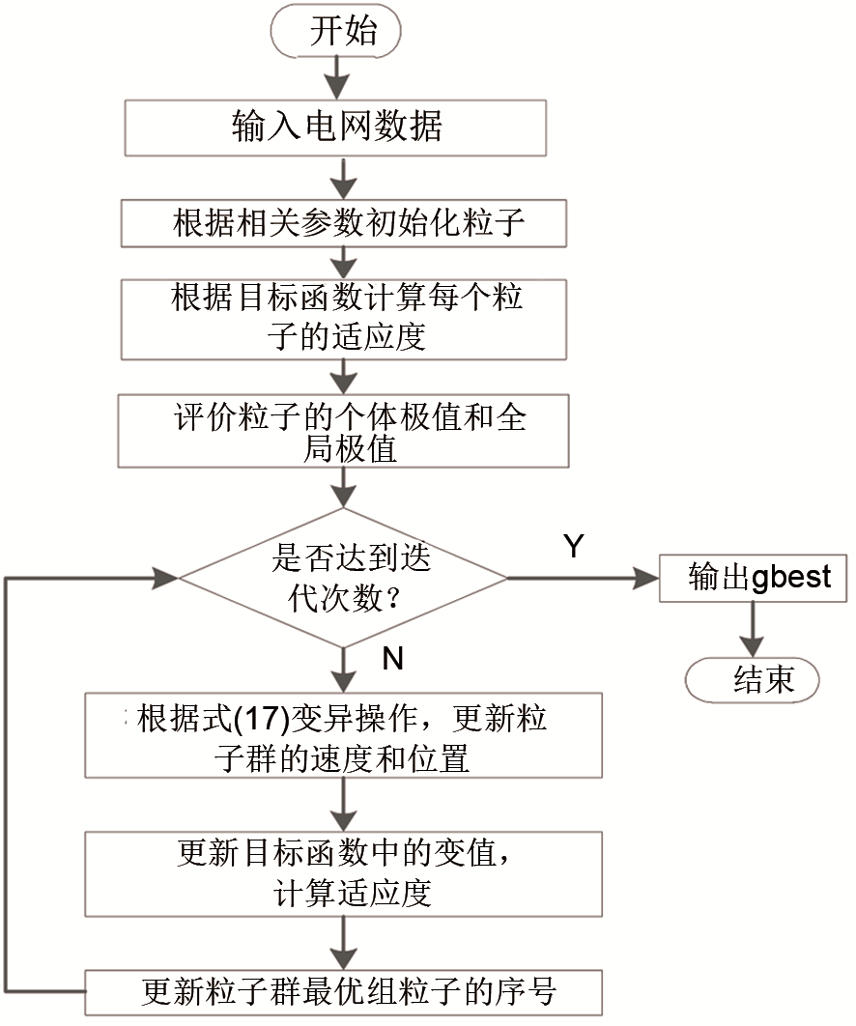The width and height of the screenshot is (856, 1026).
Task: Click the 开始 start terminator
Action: (x=335, y=32)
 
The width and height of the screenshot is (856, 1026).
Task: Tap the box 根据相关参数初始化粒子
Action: (x=343, y=223)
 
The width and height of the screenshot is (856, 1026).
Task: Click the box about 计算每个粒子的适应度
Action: (x=343, y=318)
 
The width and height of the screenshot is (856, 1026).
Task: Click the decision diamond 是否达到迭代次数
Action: (x=343, y=579)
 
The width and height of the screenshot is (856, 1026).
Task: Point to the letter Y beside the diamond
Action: (x=574, y=547)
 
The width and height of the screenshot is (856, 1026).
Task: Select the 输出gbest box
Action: (x=755, y=578)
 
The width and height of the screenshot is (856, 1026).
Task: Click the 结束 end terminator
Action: (x=753, y=680)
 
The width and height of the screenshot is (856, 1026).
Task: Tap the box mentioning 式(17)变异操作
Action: (x=343, y=734)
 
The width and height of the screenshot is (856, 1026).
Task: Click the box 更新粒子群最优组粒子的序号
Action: (x=343, y=991)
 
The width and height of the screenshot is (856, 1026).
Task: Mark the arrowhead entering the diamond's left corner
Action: (x=166, y=578)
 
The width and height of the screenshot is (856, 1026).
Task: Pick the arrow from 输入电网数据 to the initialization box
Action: (x=343, y=177)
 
